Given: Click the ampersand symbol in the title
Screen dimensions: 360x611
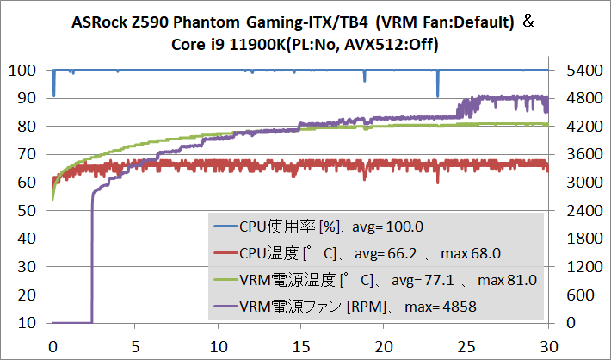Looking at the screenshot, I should coord(529,19).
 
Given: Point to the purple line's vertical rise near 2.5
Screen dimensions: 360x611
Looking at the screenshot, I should coord(92,258).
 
